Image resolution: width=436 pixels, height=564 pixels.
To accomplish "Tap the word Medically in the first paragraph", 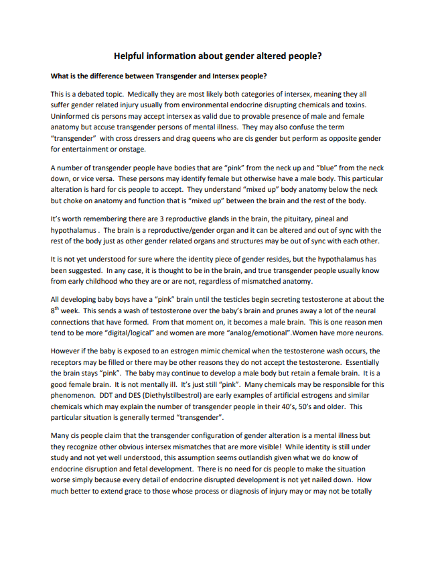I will point(146,95).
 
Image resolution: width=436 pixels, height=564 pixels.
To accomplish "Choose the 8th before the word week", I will point(55,311).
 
